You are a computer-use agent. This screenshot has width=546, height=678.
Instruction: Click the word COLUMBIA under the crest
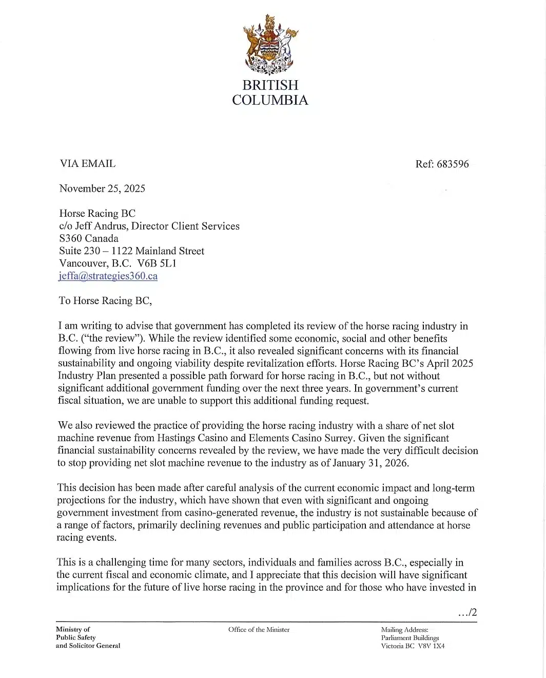point(270,100)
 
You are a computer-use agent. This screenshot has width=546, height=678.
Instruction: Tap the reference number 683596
point(452,164)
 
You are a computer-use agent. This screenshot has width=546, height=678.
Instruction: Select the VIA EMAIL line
point(87,164)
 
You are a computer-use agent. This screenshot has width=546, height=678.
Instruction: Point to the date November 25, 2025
point(102,189)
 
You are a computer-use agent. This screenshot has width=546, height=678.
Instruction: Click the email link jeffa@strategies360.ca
point(108,276)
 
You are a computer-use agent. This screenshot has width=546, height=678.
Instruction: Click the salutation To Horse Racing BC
point(105,300)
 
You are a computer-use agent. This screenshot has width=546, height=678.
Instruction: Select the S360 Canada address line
point(89,238)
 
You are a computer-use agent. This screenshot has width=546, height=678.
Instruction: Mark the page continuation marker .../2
point(467,612)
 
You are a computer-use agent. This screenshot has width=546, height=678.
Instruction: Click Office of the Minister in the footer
point(259,630)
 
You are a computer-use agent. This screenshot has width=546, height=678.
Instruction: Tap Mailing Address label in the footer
point(405,630)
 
